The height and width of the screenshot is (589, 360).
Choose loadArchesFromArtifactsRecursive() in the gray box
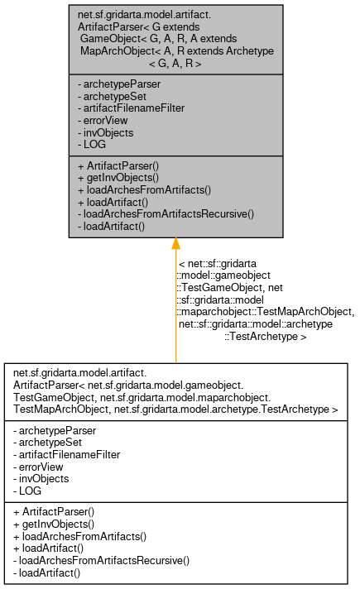(165, 213)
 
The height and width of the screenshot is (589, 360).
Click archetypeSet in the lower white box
(49, 443)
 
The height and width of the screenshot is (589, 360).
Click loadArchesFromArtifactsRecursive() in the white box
(101, 560)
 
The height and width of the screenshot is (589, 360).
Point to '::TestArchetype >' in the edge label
(265, 337)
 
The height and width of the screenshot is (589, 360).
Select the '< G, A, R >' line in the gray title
(175, 63)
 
